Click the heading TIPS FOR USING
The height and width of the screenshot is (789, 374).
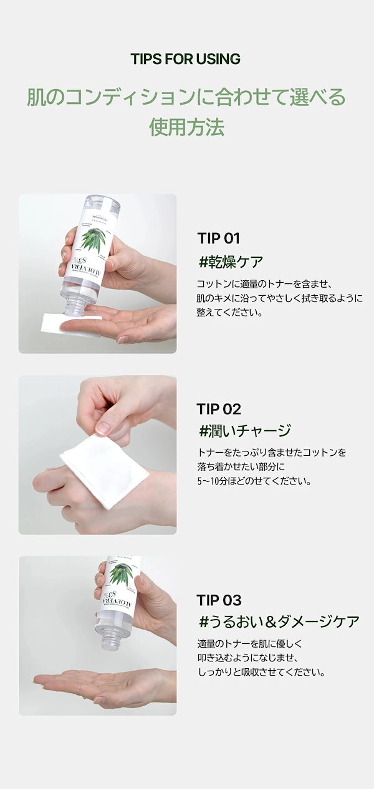point(185,59)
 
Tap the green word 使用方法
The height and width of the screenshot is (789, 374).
point(186,126)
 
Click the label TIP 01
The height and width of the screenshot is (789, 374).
point(218,239)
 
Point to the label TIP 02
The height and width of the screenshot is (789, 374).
point(218,409)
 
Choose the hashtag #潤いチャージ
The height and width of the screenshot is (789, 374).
point(244,430)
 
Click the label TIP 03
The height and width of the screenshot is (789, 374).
point(218,600)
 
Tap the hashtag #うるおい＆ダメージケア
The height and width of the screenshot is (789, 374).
point(278,621)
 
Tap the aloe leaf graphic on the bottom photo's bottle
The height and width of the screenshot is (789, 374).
point(120,574)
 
